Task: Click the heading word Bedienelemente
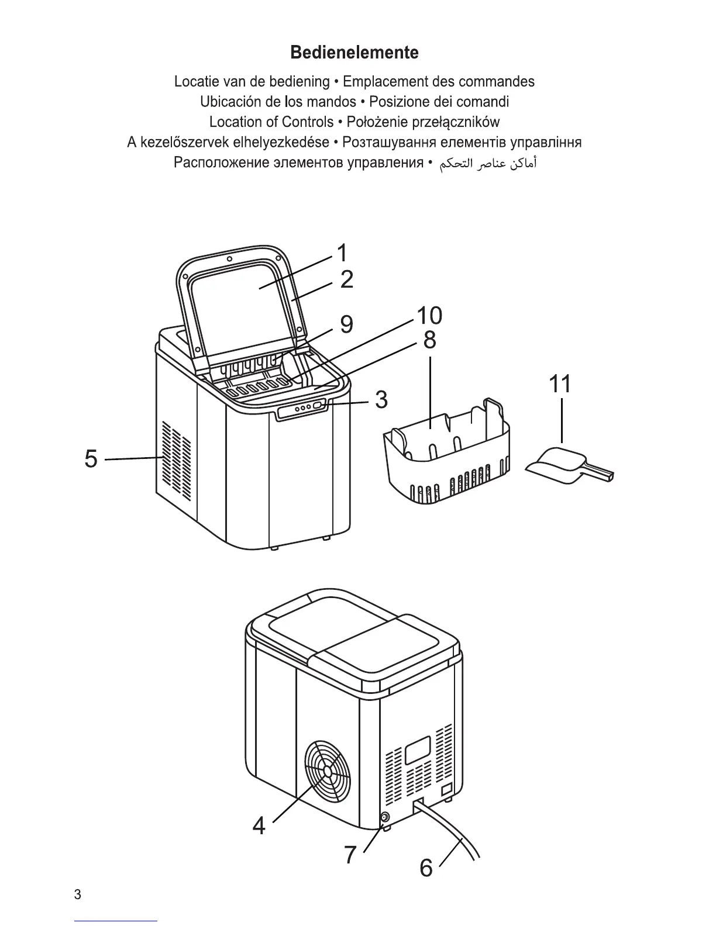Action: point(354,53)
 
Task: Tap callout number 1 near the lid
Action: point(342,253)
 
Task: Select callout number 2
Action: point(346,279)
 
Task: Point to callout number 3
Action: point(381,400)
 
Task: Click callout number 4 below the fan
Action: point(259,826)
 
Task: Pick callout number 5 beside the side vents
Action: point(91,458)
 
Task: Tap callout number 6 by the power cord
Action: point(426,868)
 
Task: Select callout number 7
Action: point(350,855)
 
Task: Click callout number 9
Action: point(346,324)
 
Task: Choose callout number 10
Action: point(429,316)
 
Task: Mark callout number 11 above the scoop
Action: point(560,384)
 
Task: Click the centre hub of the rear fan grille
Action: point(328,772)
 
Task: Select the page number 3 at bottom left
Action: point(78,895)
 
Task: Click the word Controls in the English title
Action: point(308,122)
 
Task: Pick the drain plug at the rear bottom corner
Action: point(385,818)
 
